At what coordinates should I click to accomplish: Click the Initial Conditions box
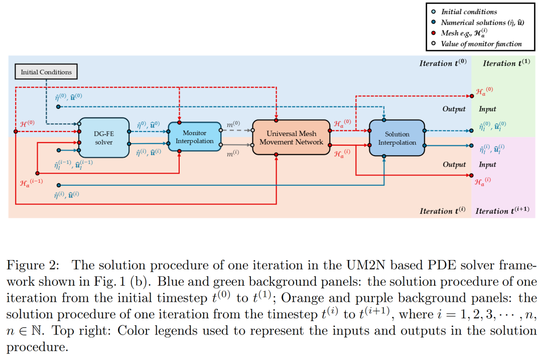(46, 72)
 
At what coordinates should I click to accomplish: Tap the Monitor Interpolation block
(194, 137)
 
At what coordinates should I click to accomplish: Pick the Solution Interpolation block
(397, 138)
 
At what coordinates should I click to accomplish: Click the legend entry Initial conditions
(469, 12)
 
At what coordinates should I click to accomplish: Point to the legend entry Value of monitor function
(481, 44)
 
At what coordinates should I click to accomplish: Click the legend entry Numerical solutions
(480, 22)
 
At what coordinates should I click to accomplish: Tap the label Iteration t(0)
(443, 63)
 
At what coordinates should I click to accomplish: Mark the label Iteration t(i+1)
(502, 211)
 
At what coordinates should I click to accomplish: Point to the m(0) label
(233, 124)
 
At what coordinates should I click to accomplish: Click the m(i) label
(233, 154)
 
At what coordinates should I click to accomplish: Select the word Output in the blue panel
(454, 109)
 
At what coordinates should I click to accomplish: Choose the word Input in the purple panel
(487, 165)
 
